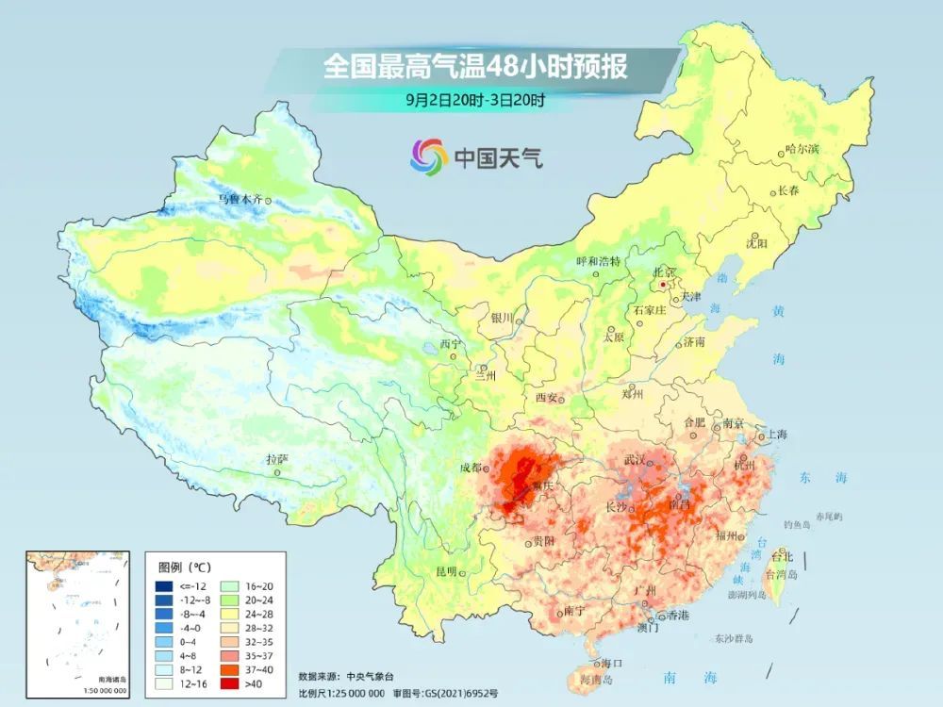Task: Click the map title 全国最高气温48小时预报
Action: [x=475, y=67]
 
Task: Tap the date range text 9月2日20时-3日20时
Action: [x=476, y=98]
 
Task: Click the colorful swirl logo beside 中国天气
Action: [x=429, y=156]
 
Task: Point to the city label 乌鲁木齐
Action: [x=240, y=199]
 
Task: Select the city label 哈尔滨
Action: [x=802, y=149]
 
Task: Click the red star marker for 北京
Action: [x=665, y=283]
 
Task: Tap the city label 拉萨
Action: [x=276, y=459]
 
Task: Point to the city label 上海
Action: [x=778, y=435]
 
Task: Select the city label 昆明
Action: [x=445, y=571]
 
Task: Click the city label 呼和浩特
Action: [x=599, y=261]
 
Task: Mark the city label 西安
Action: [x=547, y=398]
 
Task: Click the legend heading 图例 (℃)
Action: [x=185, y=567]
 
